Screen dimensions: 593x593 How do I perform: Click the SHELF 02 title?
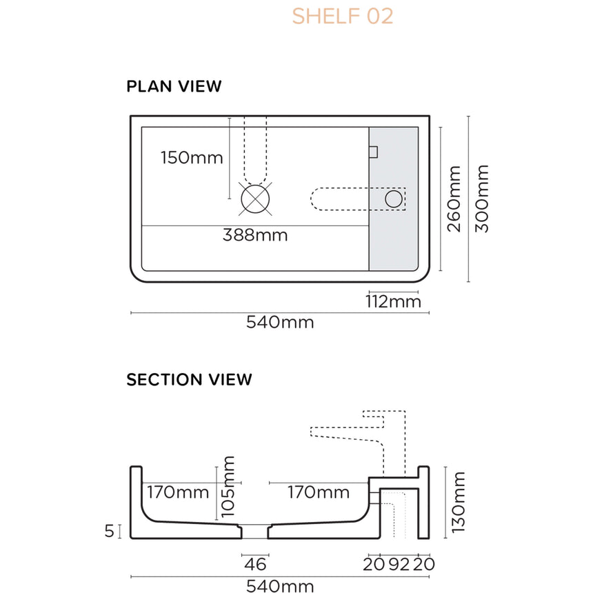(x=342, y=16)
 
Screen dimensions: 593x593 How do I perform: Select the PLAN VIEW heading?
(x=174, y=87)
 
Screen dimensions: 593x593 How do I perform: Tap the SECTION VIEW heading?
(x=189, y=379)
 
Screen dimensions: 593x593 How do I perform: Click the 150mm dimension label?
(x=192, y=158)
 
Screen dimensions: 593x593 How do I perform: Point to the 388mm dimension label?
(x=254, y=235)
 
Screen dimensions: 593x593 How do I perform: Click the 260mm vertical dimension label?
(x=454, y=199)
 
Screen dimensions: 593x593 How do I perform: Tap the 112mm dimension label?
(x=394, y=302)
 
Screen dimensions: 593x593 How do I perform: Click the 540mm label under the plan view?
(x=280, y=322)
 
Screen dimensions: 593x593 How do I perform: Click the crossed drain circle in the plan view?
(x=255, y=199)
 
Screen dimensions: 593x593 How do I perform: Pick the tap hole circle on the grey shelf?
(x=393, y=199)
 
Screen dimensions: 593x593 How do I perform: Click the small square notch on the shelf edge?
(x=374, y=152)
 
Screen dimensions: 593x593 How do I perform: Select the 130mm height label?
(x=459, y=502)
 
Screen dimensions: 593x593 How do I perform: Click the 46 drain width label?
(x=255, y=565)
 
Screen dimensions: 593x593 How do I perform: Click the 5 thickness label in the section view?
(x=109, y=531)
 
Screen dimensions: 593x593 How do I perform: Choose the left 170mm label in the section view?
(x=178, y=493)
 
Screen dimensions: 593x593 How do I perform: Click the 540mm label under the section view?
(x=280, y=586)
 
